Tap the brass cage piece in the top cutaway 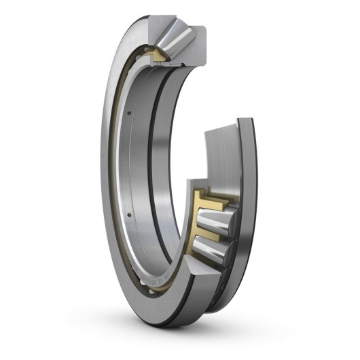[161, 55]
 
